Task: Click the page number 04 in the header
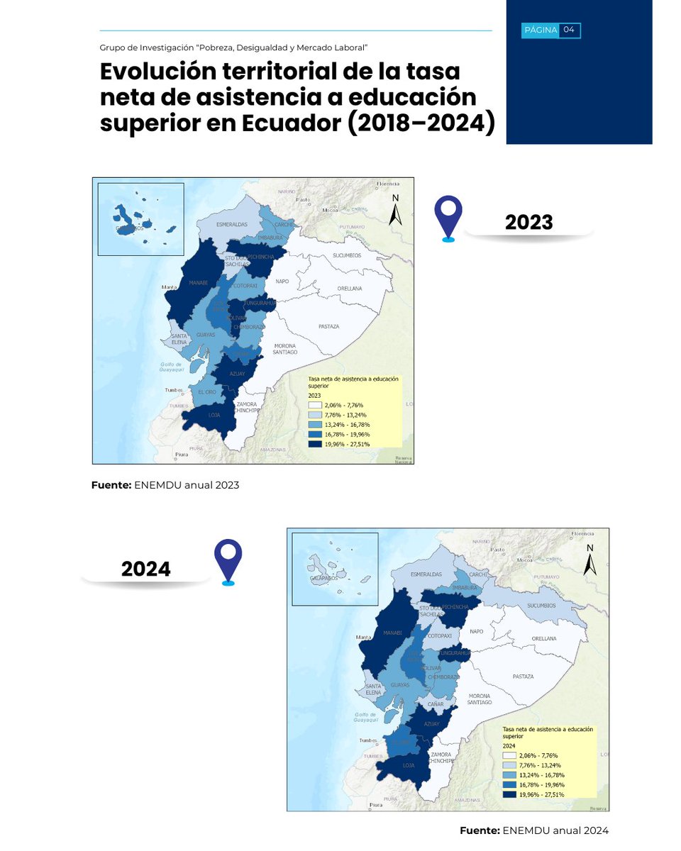point(569,30)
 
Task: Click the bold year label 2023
point(528,223)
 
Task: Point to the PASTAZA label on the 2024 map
point(522,677)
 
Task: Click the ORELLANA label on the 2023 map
point(349,289)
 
